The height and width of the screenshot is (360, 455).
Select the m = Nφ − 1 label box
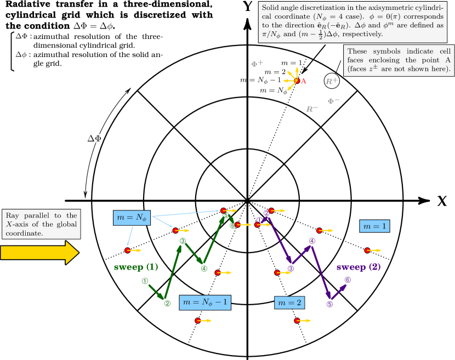click(x=205, y=302)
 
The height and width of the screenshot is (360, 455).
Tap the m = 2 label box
click(x=289, y=302)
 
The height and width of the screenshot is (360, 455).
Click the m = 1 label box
click(x=374, y=226)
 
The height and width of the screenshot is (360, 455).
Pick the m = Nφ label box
click(x=132, y=218)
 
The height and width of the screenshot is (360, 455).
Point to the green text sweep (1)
click(x=136, y=267)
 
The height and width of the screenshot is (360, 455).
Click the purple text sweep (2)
click(x=358, y=267)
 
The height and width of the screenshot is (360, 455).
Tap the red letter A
click(x=304, y=81)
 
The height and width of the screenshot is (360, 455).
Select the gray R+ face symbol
click(x=332, y=81)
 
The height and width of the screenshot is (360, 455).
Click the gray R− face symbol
click(x=312, y=109)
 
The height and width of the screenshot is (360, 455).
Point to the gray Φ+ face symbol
click(x=257, y=64)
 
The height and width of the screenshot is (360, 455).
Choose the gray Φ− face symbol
click(x=333, y=101)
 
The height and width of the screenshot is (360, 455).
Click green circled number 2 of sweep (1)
click(x=167, y=303)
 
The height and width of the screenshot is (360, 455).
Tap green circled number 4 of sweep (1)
click(x=204, y=268)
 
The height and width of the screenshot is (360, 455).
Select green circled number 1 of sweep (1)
click(x=145, y=281)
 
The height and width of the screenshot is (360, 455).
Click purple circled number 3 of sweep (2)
click(x=291, y=268)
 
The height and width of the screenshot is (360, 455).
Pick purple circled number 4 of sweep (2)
click(x=312, y=241)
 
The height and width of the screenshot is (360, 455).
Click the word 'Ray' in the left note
click(x=13, y=215)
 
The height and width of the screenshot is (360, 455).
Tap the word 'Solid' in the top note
click(x=270, y=8)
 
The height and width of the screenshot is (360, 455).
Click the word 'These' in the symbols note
click(x=357, y=52)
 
